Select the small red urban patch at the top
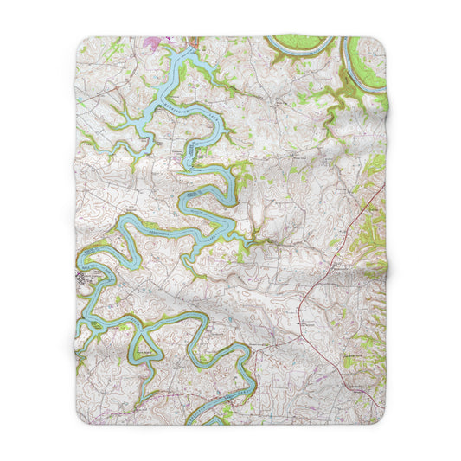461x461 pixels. pos(193,40)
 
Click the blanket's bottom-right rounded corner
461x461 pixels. pos(381,422)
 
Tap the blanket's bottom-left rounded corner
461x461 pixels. pos(80,422)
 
